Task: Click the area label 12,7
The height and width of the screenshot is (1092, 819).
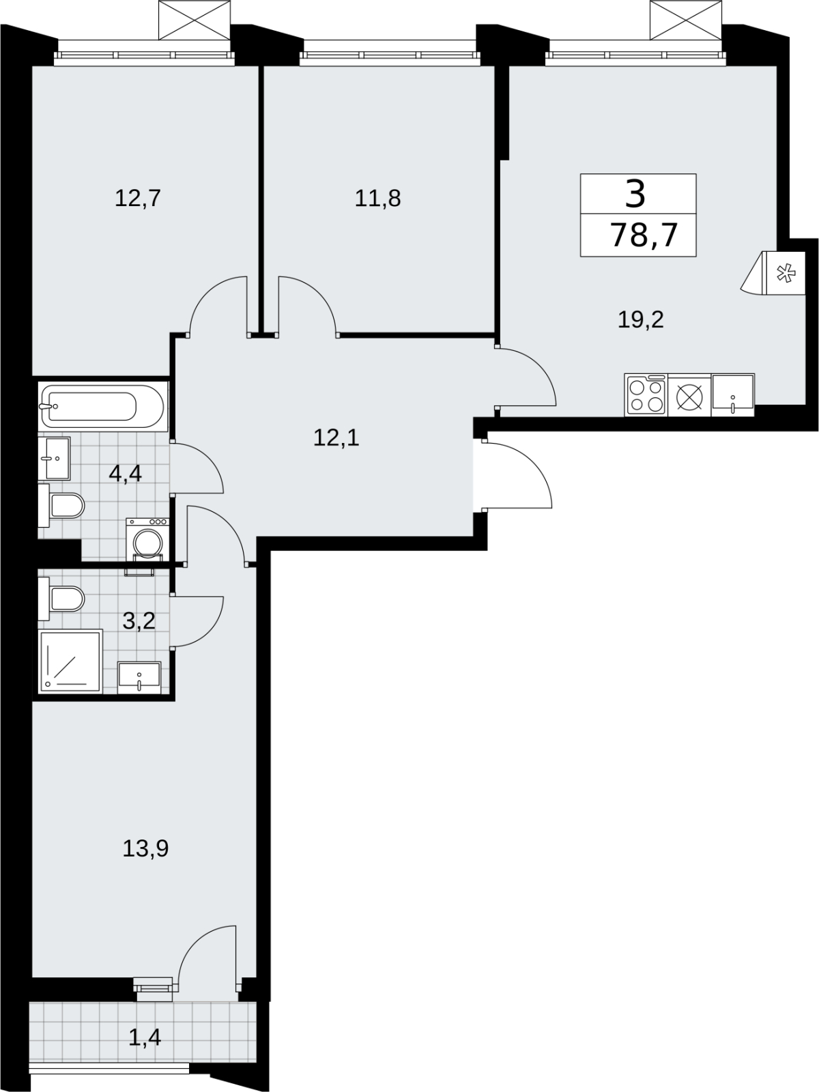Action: point(138,198)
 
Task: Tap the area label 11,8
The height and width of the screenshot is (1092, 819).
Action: point(377,198)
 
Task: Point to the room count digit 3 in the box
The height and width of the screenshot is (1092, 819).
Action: point(635,194)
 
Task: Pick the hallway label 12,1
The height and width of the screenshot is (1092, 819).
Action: point(336,437)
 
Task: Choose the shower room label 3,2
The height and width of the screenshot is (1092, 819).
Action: point(139,621)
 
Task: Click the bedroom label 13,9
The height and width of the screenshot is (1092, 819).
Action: point(145,848)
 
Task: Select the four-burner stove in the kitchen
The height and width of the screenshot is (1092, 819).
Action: point(646,395)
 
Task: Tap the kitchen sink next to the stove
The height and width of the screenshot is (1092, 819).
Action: point(733,394)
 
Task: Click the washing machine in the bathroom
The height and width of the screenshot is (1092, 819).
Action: point(147,540)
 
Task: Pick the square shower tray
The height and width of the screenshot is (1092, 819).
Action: point(70,661)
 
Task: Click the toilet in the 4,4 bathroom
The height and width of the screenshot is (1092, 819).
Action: point(61,506)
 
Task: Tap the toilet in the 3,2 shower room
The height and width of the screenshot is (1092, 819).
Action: point(61,599)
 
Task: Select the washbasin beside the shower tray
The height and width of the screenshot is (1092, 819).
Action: point(139,678)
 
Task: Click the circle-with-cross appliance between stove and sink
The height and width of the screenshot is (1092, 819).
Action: point(689,395)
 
